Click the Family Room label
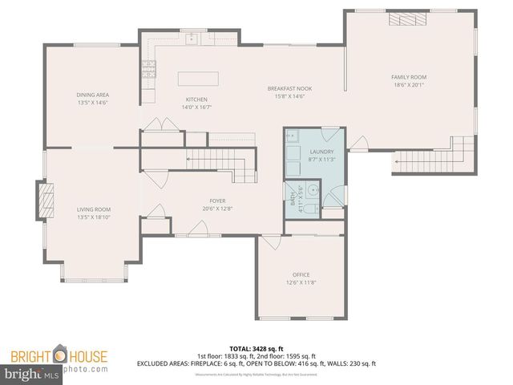coord(409,77)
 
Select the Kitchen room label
coord(196,99)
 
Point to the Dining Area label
coord(92,95)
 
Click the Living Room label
coord(92,209)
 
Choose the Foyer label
coord(217,201)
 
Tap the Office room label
coord(301,274)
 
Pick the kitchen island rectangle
coord(198,79)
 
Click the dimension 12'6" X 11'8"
coord(301,282)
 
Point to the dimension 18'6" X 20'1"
coord(409,84)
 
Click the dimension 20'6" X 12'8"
coord(217,209)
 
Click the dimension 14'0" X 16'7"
coord(196,107)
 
